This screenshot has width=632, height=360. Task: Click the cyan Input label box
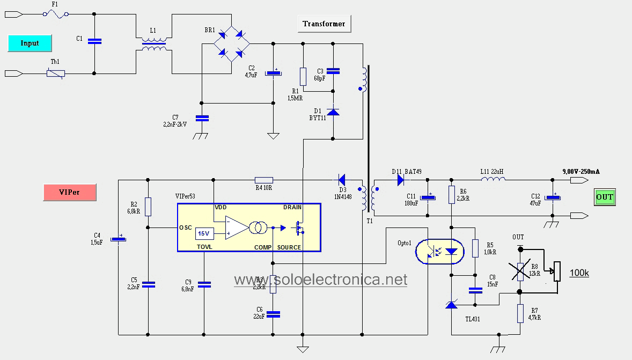[x=30, y=43]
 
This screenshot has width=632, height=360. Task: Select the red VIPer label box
[x=69, y=192]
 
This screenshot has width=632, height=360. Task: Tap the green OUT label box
[x=604, y=197]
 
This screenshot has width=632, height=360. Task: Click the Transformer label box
[x=324, y=24]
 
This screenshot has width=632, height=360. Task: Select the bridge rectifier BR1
[x=231, y=44]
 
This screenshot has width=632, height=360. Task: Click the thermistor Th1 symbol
[x=55, y=73]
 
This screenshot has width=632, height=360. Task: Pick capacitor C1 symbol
[x=94, y=41]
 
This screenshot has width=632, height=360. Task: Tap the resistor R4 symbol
[x=263, y=180]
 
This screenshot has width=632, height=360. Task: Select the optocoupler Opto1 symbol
[x=440, y=251]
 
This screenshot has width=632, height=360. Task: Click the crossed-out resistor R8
[x=519, y=270]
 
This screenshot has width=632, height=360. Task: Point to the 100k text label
[x=579, y=273]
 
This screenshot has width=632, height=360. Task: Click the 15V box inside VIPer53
[x=203, y=233]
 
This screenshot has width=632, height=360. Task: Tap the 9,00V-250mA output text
[x=580, y=171]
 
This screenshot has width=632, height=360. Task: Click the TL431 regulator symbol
[x=452, y=305]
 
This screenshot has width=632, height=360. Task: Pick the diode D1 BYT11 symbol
[x=333, y=112]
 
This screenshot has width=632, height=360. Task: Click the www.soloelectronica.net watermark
[x=320, y=280]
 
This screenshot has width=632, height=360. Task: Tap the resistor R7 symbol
[x=520, y=313]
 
